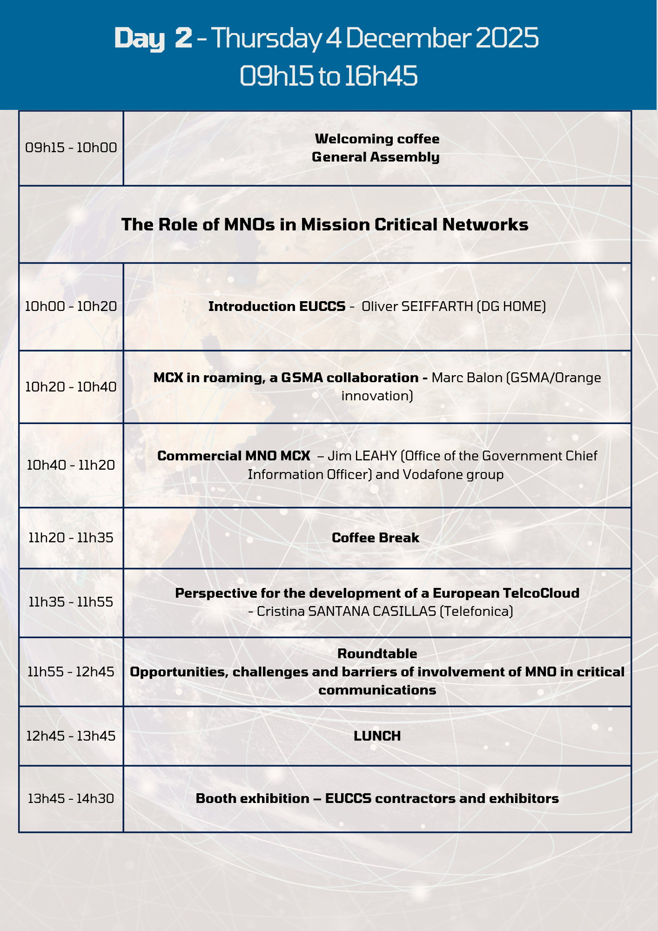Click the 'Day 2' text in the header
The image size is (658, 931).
tap(153, 38)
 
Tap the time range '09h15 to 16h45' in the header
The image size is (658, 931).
tap(329, 76)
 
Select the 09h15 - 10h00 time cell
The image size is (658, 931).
tap(71, 148)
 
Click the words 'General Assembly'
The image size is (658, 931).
tap(376, 157)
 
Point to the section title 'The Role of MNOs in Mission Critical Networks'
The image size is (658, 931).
tap(325, 225)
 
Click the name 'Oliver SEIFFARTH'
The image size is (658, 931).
tap(417, 306)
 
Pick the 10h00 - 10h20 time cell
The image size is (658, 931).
tap(71, 306)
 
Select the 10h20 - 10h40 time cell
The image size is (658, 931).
tap(71, 387)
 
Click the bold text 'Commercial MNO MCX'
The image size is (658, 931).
tap(234, 456)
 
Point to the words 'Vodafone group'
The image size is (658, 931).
tap(453, 475)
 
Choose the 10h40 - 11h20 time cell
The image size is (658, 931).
tap(71, 465)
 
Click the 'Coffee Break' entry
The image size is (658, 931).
tap(376, 538)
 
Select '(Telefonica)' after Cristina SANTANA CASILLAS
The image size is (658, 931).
tap(477, 611)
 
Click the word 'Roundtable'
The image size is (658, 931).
tap(377, 654)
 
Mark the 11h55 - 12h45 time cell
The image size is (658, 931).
tap(71, 672)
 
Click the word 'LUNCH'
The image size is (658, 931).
tap(377, 736)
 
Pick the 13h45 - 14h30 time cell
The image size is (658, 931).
tap(71, 799)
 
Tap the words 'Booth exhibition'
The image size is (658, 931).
tap(253, 799)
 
